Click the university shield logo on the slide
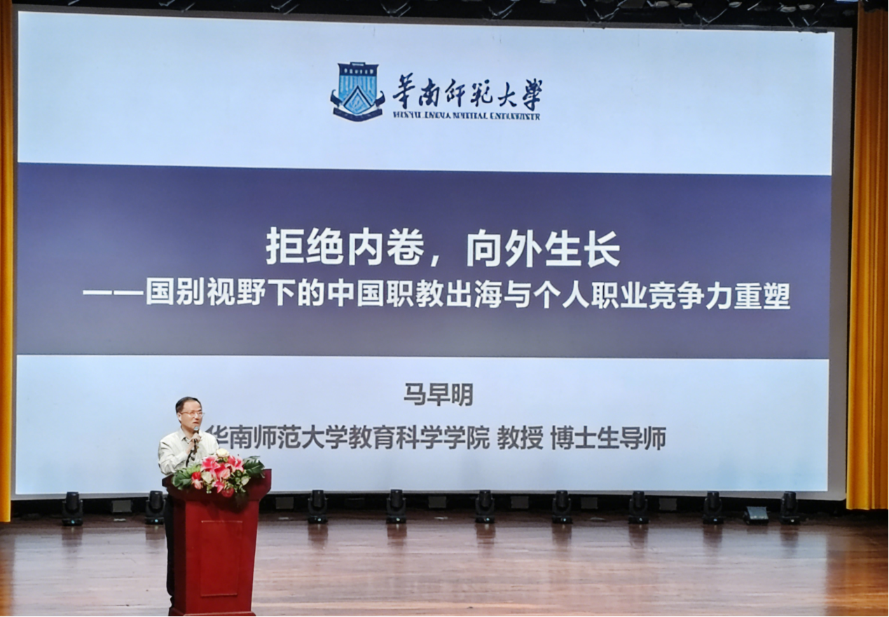point(357,91)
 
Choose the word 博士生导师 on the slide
point(608,439)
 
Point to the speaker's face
point(189,414)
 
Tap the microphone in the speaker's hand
point(195,441)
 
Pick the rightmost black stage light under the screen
point(790,507)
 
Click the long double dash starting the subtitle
point(112,296)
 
